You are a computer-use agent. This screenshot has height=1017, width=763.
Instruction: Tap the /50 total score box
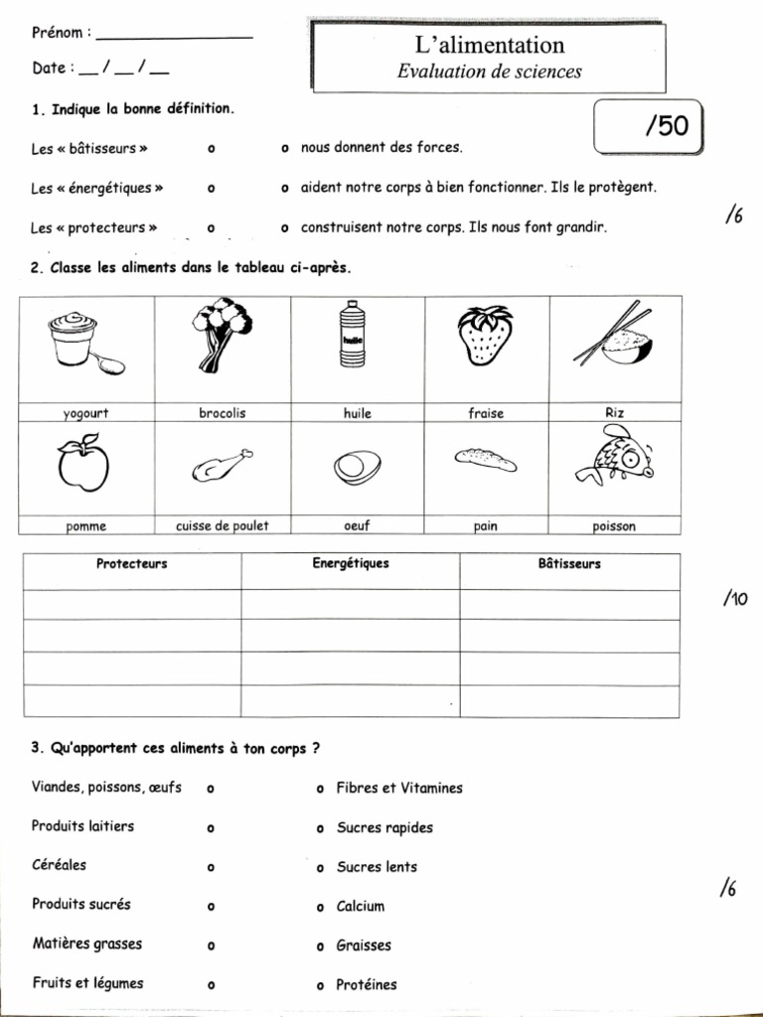[648, 127]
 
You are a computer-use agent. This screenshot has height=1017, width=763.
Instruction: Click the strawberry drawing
[486, 336]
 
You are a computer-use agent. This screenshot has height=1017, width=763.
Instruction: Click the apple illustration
[83, 464]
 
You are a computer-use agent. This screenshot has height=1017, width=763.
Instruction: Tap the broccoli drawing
[221, 334]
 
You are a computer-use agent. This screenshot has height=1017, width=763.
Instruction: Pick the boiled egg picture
[356, 466]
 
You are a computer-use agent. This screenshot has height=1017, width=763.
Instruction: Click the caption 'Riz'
[614, 412]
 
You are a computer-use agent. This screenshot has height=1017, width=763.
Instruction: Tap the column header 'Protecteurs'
[131, 564]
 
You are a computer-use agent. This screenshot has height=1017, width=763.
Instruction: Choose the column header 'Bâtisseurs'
[569, 564]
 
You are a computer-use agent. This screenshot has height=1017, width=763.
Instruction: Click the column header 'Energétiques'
[350, 564]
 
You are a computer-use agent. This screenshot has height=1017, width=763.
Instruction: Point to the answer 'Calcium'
[361, 906]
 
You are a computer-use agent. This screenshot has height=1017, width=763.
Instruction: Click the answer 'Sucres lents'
[377, 867]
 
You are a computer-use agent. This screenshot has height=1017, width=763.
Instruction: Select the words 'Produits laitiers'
[82, 826]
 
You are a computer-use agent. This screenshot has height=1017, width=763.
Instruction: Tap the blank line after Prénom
[175, 36]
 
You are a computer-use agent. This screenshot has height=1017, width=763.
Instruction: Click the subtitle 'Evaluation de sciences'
[489, 72]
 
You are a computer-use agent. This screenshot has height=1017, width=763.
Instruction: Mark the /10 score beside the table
[735, 599]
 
